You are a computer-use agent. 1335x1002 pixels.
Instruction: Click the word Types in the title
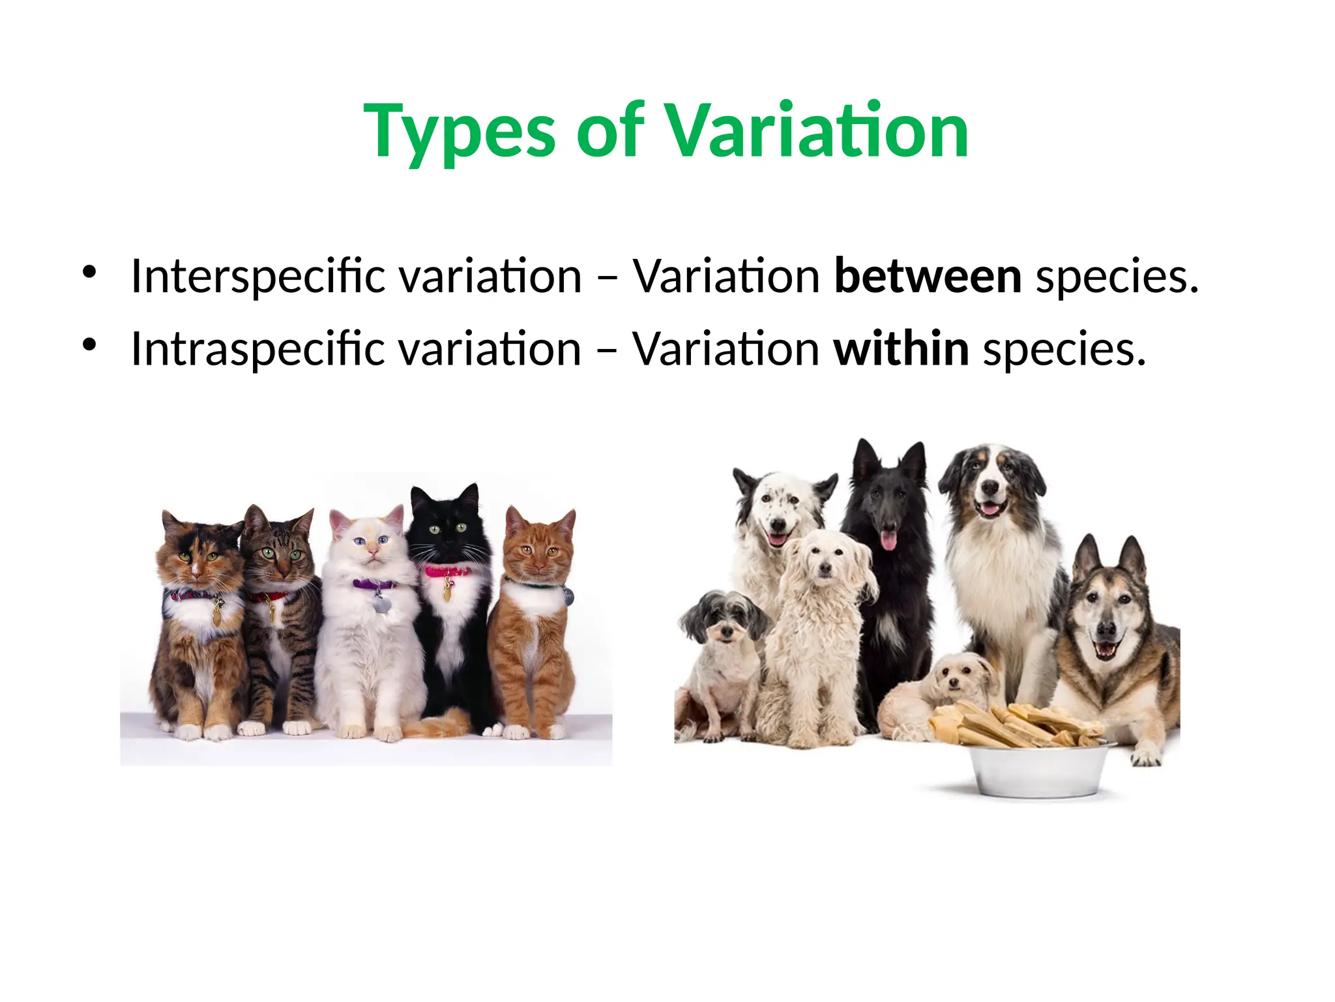[460, 132]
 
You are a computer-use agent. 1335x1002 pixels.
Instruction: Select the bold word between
[928, 277]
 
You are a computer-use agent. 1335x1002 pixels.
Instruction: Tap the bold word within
[901, 349]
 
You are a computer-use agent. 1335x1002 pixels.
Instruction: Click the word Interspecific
[258, 277]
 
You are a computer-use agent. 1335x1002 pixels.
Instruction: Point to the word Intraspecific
[258, 349]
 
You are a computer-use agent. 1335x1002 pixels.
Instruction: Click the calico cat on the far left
[196, 620]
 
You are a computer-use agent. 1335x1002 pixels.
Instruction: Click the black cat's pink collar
[448, 572]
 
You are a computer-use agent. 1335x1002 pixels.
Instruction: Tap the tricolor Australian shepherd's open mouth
[990, 507]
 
